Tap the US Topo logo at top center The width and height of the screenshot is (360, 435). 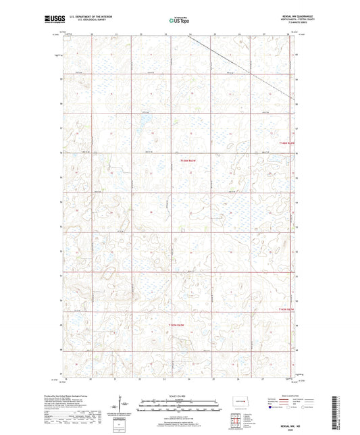click(x=179, y=20)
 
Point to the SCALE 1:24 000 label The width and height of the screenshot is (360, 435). click(x=179, y=396)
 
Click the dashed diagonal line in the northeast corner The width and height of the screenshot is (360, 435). click(x=243, y=67)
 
